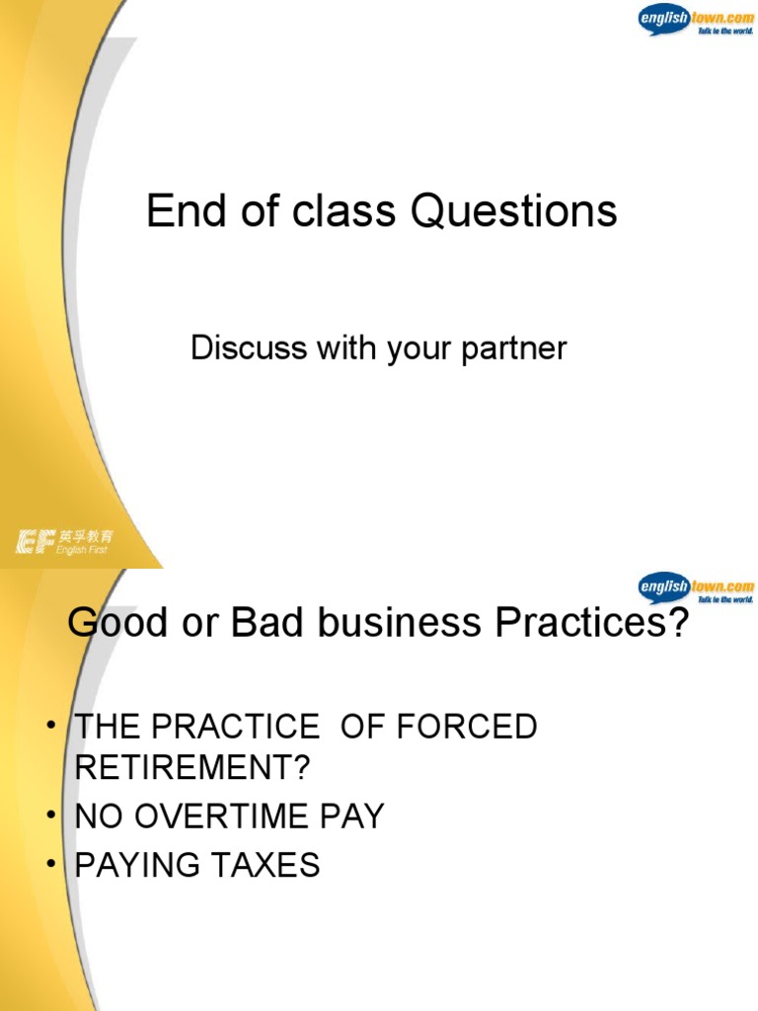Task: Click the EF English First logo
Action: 65,541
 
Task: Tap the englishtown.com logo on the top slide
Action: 696,20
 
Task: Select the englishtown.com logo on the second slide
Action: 696,587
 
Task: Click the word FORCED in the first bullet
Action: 469,728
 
